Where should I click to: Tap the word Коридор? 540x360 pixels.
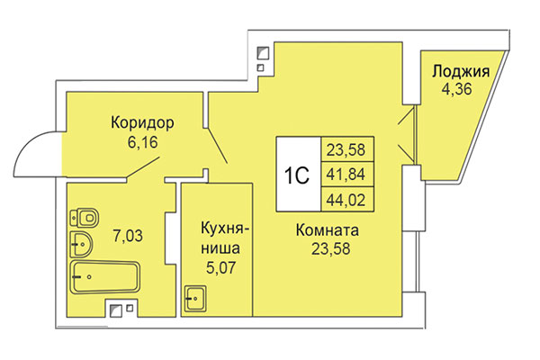tap(142, 123)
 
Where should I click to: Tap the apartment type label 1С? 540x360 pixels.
tap(298, 175)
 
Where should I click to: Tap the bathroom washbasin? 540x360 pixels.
tap(81, 241)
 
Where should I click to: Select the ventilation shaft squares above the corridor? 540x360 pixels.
tap(261, 58)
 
